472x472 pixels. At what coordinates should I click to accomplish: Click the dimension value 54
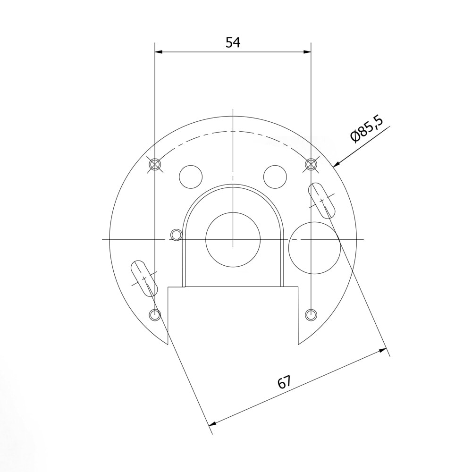click(233, 43)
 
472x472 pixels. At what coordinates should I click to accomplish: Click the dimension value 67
click(284, 382)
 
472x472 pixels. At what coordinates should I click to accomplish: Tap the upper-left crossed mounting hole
click(155, 164)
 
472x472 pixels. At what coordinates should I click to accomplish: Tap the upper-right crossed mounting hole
click(311, 164)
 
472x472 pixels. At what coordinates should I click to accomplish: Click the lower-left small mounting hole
click(155, 314)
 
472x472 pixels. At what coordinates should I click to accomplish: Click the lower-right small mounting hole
click(311, 314)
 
